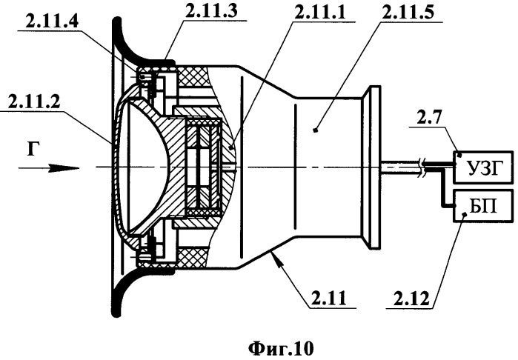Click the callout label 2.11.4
click(52, 22)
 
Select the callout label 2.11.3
click(211, 12)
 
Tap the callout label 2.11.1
click(320, 13)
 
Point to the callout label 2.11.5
click(408, 13)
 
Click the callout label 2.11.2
click(34, 102)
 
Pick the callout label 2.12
click(411, 298)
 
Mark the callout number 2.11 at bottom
click(328, 298)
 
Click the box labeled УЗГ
click(483, 167)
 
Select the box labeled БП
click(483, 206)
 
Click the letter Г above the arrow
click(33, 149)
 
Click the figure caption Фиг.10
click(280, 348)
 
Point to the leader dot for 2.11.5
click(316, 130)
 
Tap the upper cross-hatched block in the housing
click(193, 77)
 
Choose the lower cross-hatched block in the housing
click(193, 258)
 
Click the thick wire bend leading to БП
click(442, 187)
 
